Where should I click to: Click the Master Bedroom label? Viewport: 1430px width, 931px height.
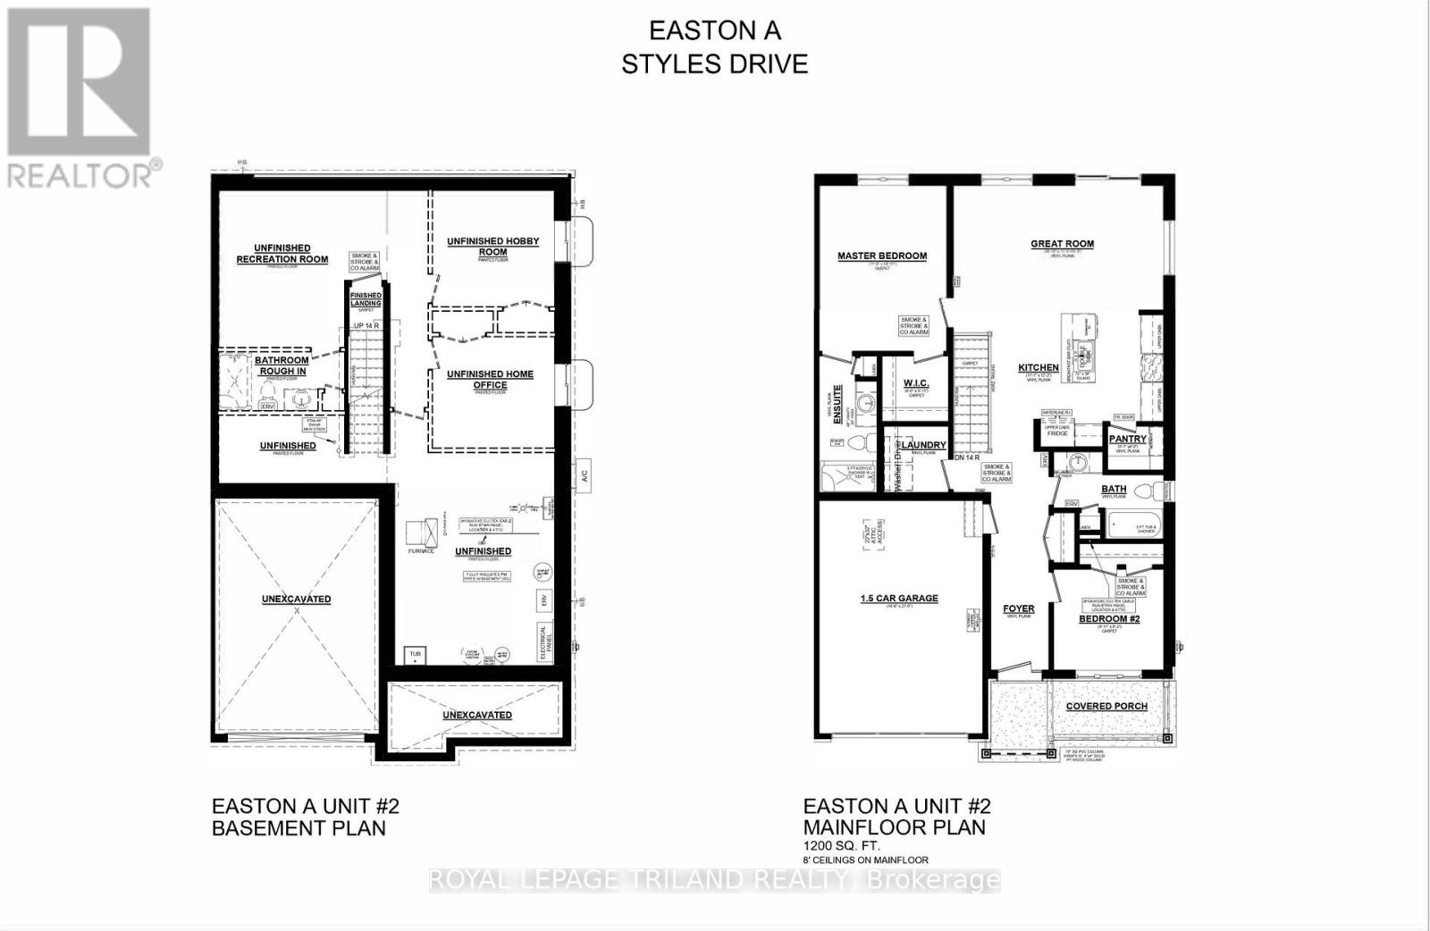click(x=881, y=256)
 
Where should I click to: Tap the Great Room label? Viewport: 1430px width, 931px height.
click(x=1062, y=244)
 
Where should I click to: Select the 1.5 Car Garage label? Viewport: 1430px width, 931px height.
click(x=898, y=598)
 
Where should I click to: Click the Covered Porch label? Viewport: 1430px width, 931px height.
click(x=1106, y=706)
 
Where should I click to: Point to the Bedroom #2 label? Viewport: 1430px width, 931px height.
click(x=1109, y=618)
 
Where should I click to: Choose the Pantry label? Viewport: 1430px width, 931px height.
click(x=1127, y=439)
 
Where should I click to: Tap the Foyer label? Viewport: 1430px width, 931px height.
click(x=1019, y=609)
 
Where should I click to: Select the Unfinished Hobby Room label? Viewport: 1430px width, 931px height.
click(x=492, y=247)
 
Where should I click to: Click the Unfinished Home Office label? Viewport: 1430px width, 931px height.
click(x=490, y=380)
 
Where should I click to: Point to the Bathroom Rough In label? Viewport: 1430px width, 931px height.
click(x=282, y=365)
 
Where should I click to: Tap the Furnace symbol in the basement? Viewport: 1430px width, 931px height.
click(x=420, y=533)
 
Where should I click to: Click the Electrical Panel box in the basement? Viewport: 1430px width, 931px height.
click(x=543, y=642)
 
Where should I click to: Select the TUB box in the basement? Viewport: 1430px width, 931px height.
click(x=415, y=654)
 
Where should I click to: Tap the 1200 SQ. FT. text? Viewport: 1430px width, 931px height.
click(x=841, y=845)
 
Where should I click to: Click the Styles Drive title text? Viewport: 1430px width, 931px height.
click(x=714, y=63)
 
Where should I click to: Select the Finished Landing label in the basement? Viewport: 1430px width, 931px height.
click(x=366, y=299)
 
